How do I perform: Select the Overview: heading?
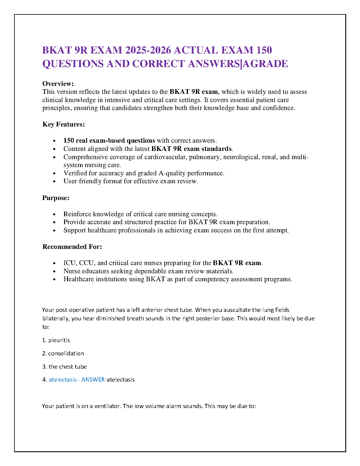click(58, 84)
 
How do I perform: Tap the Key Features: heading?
click(64, 124)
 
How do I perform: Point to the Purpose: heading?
click(56, 198)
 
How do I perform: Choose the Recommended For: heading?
click(72, 247)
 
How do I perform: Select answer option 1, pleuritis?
click(59, 340)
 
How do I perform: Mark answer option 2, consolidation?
click(66, 353)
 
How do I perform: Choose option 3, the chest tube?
click(68, 367)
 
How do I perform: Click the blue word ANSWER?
click(93, 380)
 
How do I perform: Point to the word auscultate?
click(236, 310)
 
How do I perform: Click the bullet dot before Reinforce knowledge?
click(54, 214)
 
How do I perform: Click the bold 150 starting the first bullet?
click(69, 140)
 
